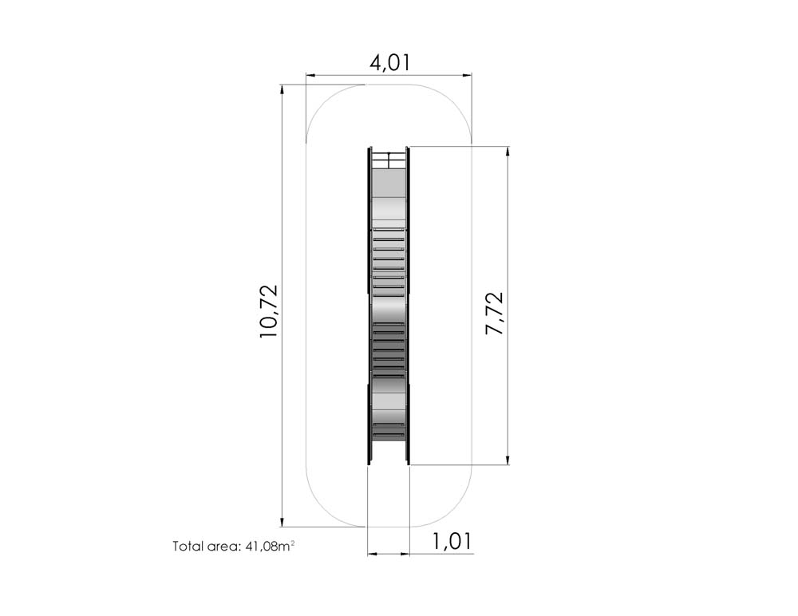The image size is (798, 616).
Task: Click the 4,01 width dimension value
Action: pyautogui.click(x=389, y=62)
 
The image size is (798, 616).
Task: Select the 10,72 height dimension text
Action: pyautogui.click(x=269, y=311)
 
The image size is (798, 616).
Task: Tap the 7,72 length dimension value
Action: pyautogui.click(x=494, y=313)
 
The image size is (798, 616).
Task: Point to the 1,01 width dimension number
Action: pyautogui.click(x=452, y=542)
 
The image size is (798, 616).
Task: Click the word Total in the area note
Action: pyautogui.click(x=188, y=547)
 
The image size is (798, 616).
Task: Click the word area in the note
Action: pyautogui.click(x=223, y=547)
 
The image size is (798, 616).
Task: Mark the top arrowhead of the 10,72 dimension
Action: pyautogui.click(x=282, y=89)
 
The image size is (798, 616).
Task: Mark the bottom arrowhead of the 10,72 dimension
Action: pyautogui.click(x=282, y=521)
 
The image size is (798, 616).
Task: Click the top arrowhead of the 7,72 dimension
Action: pyautogui.click(x=508, y=152)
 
